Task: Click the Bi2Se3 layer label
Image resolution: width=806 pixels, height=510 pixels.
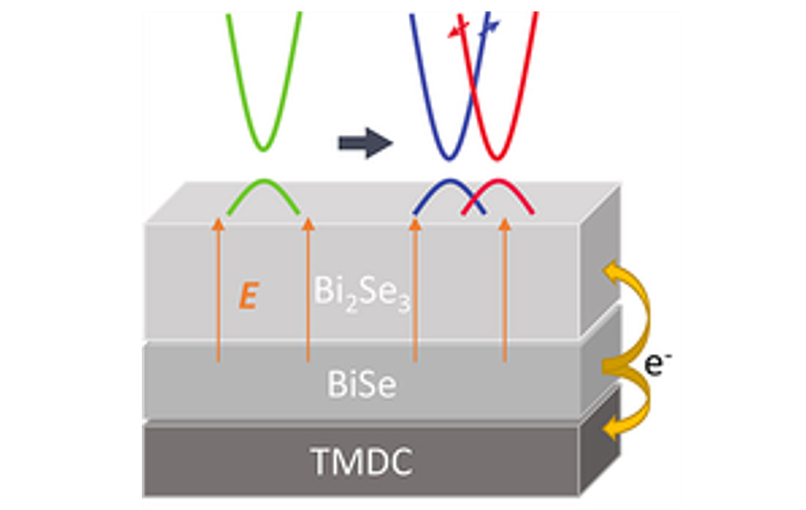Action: coord(361,293)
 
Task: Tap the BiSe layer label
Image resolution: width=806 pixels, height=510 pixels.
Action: coord(362,384)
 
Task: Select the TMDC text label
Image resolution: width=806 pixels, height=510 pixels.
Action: coord(362,461)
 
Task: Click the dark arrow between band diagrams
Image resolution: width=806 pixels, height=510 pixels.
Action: coord(365,143)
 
